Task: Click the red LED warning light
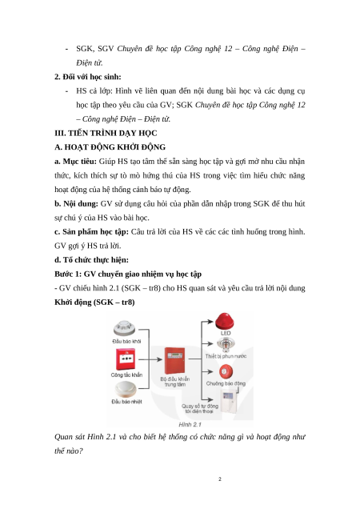pos(224,321)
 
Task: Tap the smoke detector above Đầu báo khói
pos(124,328)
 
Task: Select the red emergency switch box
pos(126,359)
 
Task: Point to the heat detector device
pos(126,390)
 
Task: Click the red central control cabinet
pos(174,361)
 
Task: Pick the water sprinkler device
pos(226,344)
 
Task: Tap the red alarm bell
pos(226,371)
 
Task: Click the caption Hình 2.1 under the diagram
pos(190,424)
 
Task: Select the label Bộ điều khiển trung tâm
pos(175,382)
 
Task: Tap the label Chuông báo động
pos(226,383)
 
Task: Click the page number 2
pos(220,479)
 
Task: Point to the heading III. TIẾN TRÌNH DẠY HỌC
pos(106,133)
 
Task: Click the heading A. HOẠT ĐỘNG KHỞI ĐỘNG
pos(110,147)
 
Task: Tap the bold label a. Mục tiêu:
pos(76,162)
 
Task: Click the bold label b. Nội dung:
pos(76,204)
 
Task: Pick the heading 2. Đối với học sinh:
pos(88,77)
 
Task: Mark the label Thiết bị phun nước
pos(226,356)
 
